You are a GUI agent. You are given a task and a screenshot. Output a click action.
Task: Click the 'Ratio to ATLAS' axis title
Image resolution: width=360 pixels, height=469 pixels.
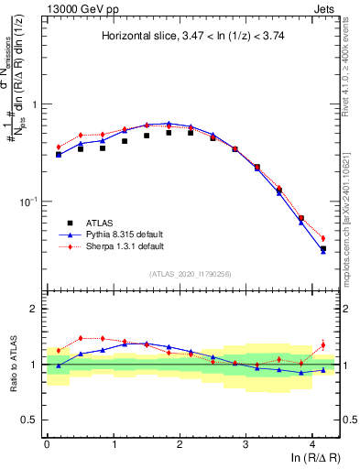click(x=16, y=365)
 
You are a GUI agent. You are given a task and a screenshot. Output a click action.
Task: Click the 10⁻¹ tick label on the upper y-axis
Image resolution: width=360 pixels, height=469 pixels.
click(x=29, y=202)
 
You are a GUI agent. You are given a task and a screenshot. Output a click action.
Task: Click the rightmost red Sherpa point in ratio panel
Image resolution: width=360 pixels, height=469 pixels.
click(x=323, y=345)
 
